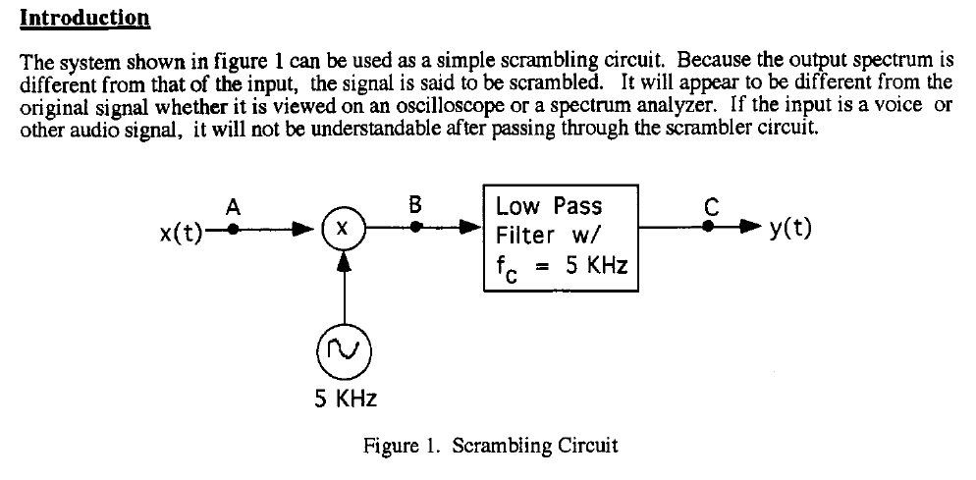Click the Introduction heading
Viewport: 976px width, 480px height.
[x=84, y=18]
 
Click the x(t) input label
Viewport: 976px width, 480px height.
[x=181, y=233]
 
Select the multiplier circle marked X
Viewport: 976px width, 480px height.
[x=343, y=232]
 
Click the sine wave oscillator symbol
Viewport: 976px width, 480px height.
[x=343, y=349]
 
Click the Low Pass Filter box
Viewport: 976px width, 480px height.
[x=562, y=236]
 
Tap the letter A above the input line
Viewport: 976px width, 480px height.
[x=233, y=207]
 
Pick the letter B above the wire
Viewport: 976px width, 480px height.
[x=415, y=205]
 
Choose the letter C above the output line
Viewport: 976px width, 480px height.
[x=712, y=205]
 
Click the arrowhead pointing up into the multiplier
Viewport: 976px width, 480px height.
[x=343, y=263]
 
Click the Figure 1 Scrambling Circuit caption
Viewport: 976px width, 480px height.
[x=490, y=446]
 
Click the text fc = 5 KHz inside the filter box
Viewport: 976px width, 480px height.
[x=561, y=266]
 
